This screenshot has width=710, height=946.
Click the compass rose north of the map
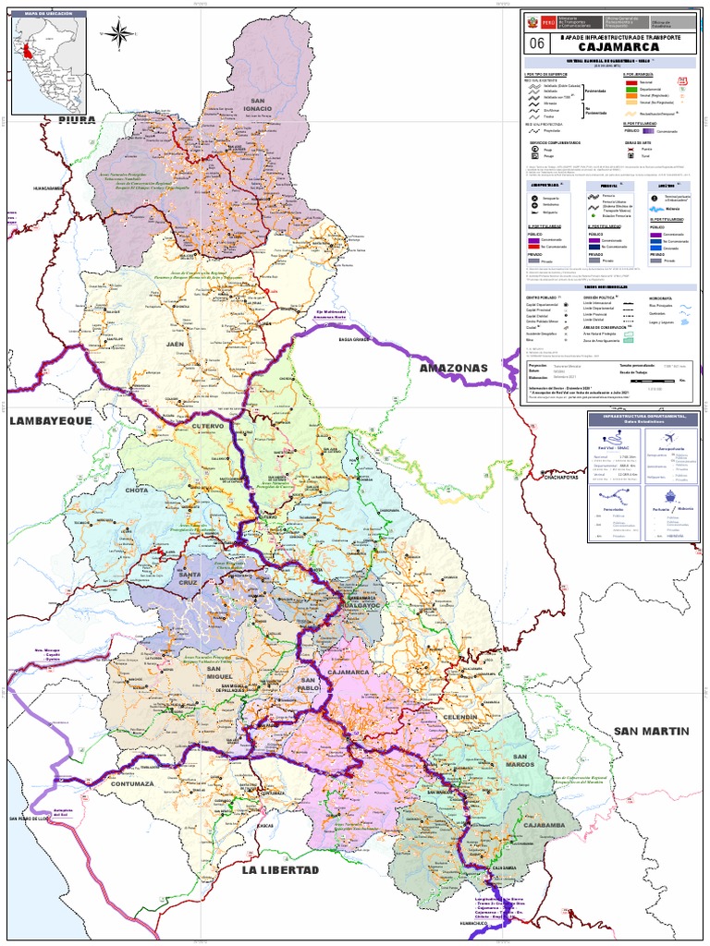pyautogui.click(x=119, y=35)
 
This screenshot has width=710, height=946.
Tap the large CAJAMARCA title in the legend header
pyautogui.click(x=619, y=46)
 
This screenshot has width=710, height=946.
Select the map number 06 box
pyautogui.click(x=537, y=42)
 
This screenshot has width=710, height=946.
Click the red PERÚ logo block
pyautogui.click(x=547, y=19)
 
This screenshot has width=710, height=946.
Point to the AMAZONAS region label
pyautogui.click(x=453, y=369)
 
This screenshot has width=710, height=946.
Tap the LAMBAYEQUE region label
pyautogui.click(x=51, y=421)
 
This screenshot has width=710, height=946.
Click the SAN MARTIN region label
pyautogui.click(x=652, y=732)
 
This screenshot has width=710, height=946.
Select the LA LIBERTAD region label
pyautogui.click(x=280, y=870)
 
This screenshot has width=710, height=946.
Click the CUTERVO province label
pyautogui.click(x=208, y=426)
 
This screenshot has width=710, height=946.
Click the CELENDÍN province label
pyautogui.click(x=459, y=717)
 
